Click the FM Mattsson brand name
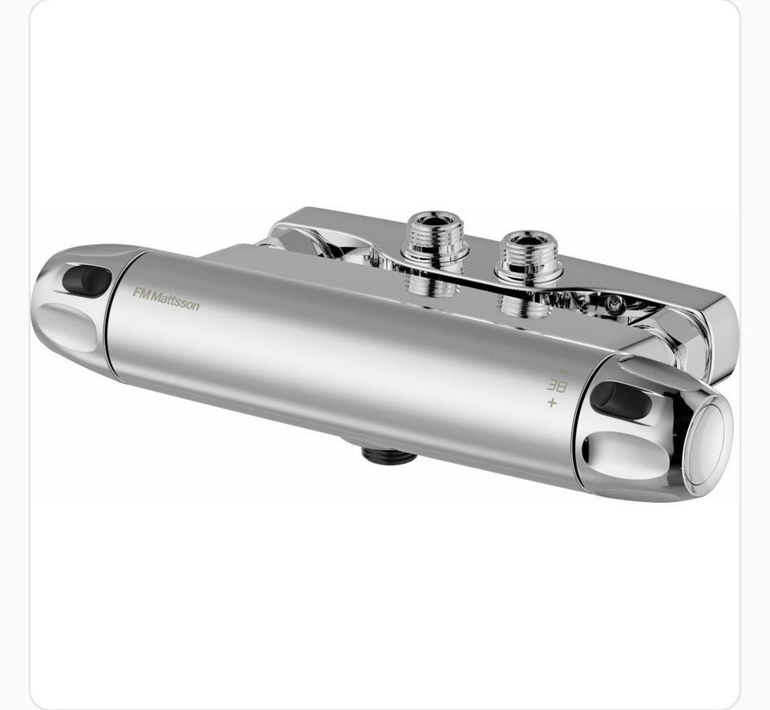coord(166,298)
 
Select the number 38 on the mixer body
coord(557,385)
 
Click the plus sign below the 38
coord(553,403)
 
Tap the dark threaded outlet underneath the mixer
coord(389,455)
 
